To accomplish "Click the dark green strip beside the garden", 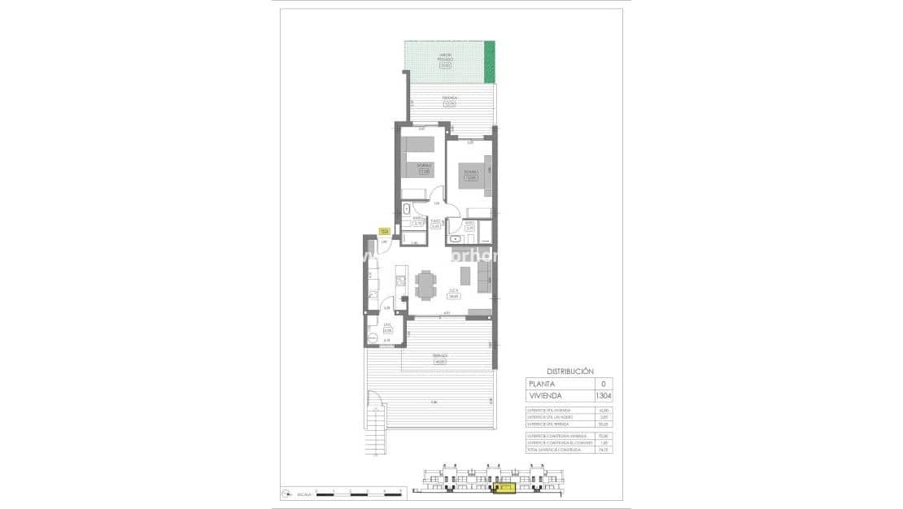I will coord(490,63).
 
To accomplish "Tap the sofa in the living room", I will coord(483,281).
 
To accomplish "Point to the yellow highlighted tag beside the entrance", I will coord(384,231).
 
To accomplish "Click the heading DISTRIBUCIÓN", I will coord(569,371).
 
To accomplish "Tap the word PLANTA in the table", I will coord(543,384).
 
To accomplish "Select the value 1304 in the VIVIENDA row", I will coord(603,396).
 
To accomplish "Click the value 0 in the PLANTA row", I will coord(603,384).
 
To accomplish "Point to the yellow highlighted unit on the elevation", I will coord(505,489).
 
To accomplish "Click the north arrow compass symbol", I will coord(286,493).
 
